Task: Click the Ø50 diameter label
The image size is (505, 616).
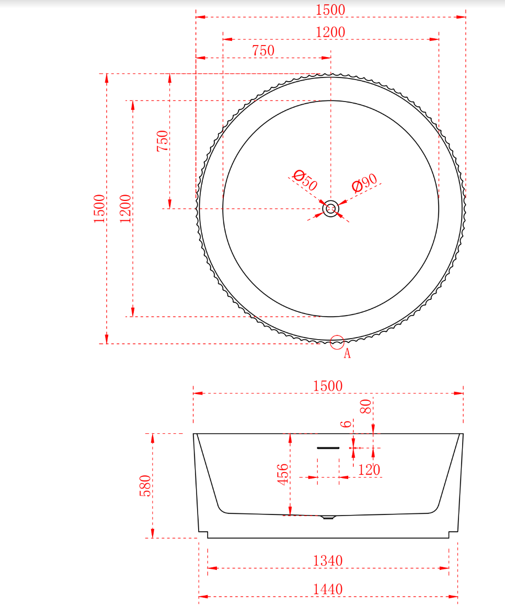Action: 305,180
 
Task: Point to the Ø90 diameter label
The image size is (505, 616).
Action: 364,183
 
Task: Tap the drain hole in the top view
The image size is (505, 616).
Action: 330,209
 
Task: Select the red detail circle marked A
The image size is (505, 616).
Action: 337,342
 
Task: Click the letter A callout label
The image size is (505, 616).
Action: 347,354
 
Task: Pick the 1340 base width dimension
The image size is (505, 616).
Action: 328,561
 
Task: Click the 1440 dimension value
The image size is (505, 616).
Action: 328,589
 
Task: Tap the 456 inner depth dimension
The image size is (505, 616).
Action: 283,474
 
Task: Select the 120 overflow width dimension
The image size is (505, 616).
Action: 369,469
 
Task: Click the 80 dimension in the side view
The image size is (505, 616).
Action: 365,407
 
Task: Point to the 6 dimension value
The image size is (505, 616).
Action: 346,424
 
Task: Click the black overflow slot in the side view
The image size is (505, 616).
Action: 328,448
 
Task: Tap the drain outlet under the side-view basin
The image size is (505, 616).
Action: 328,518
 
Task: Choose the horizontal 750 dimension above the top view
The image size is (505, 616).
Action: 263,51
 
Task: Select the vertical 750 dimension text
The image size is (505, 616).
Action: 163,141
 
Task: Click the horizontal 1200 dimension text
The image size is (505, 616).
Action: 330,32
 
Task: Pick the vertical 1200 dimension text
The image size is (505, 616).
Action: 125,208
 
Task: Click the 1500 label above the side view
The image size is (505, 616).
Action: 328,386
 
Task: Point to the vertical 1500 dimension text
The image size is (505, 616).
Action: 99,208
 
